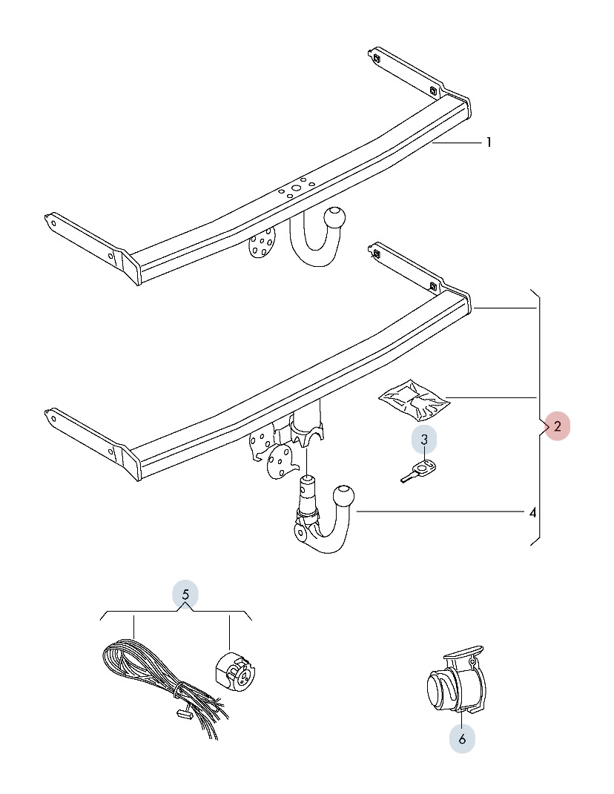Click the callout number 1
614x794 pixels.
(x=489, y=142)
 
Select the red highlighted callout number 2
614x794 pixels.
(x=557, y=426)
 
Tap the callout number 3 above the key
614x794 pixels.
(x=424, y=440)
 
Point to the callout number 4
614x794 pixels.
(x=532, y=512)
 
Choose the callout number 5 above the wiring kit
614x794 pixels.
(x=185, y=594)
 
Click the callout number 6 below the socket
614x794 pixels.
(x=461, y=738)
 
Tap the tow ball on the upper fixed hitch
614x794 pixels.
(x=335, y=219)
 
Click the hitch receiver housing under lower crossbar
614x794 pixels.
(x=307, y=430)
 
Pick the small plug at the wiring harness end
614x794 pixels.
(x=184, y=715)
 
